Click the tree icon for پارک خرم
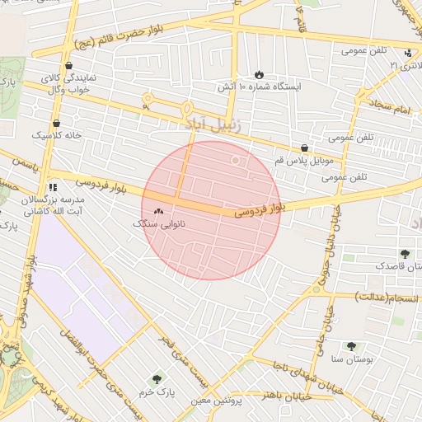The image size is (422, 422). coord(157,379)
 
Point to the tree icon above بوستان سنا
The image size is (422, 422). coord(352,347)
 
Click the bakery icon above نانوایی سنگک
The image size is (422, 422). coord(158,211)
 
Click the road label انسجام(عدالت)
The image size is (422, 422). coord(387,297)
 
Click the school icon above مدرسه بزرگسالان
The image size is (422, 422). coord(54,187)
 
